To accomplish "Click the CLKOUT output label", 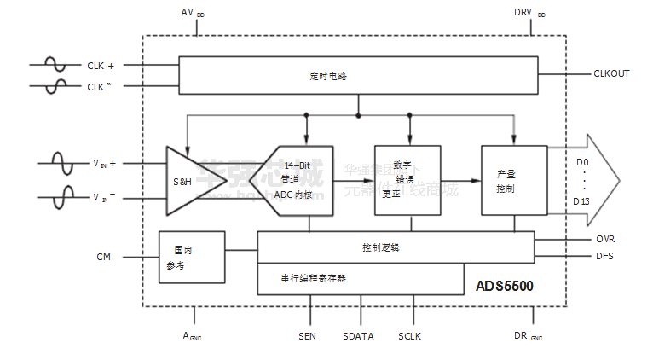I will point(611,73).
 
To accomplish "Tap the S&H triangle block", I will point(186,181).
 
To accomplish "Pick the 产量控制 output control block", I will point(512,180).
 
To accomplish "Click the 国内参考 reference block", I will point(192,258).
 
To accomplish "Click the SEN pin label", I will point(308,336).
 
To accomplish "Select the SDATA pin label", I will point(358,336).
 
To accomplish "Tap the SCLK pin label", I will point(409,336).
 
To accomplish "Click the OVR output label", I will point(604,239).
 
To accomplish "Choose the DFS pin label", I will point(604,256).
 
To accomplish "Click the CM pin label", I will point(104,256).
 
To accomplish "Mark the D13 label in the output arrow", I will point(581,200).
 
